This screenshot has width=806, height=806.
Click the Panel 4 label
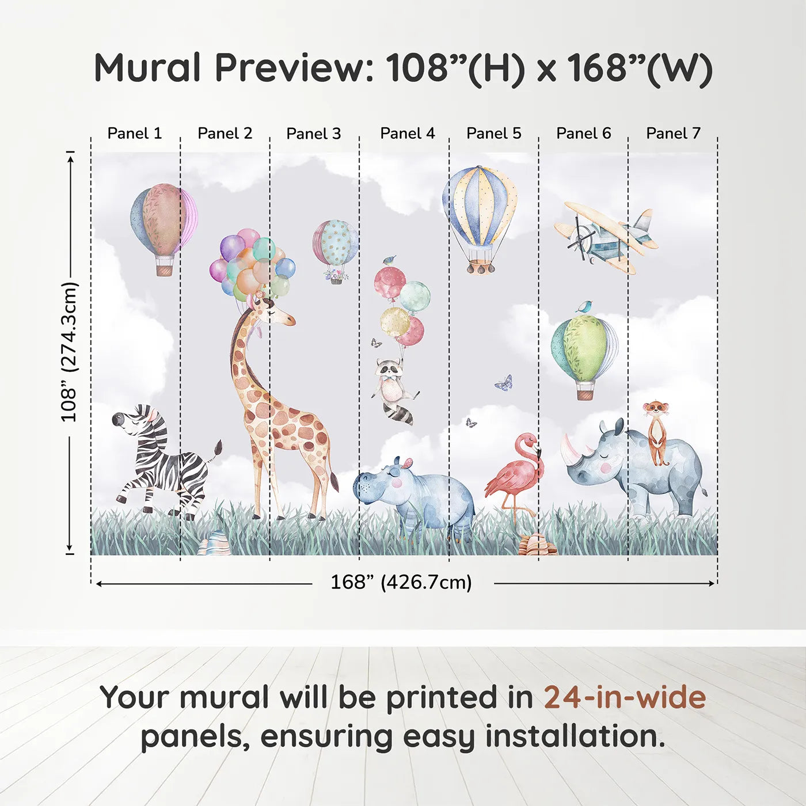[407, 134]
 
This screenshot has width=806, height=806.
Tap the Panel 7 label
[673, 134]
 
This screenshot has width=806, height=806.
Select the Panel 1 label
[135, 134]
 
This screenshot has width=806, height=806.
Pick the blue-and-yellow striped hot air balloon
[480, 207]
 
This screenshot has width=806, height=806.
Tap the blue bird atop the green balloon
[584, 307]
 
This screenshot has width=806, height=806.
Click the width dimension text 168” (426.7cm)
[401, 583]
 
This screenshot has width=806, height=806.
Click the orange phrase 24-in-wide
[625, 698]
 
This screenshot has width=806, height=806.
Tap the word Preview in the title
[294, 68]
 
